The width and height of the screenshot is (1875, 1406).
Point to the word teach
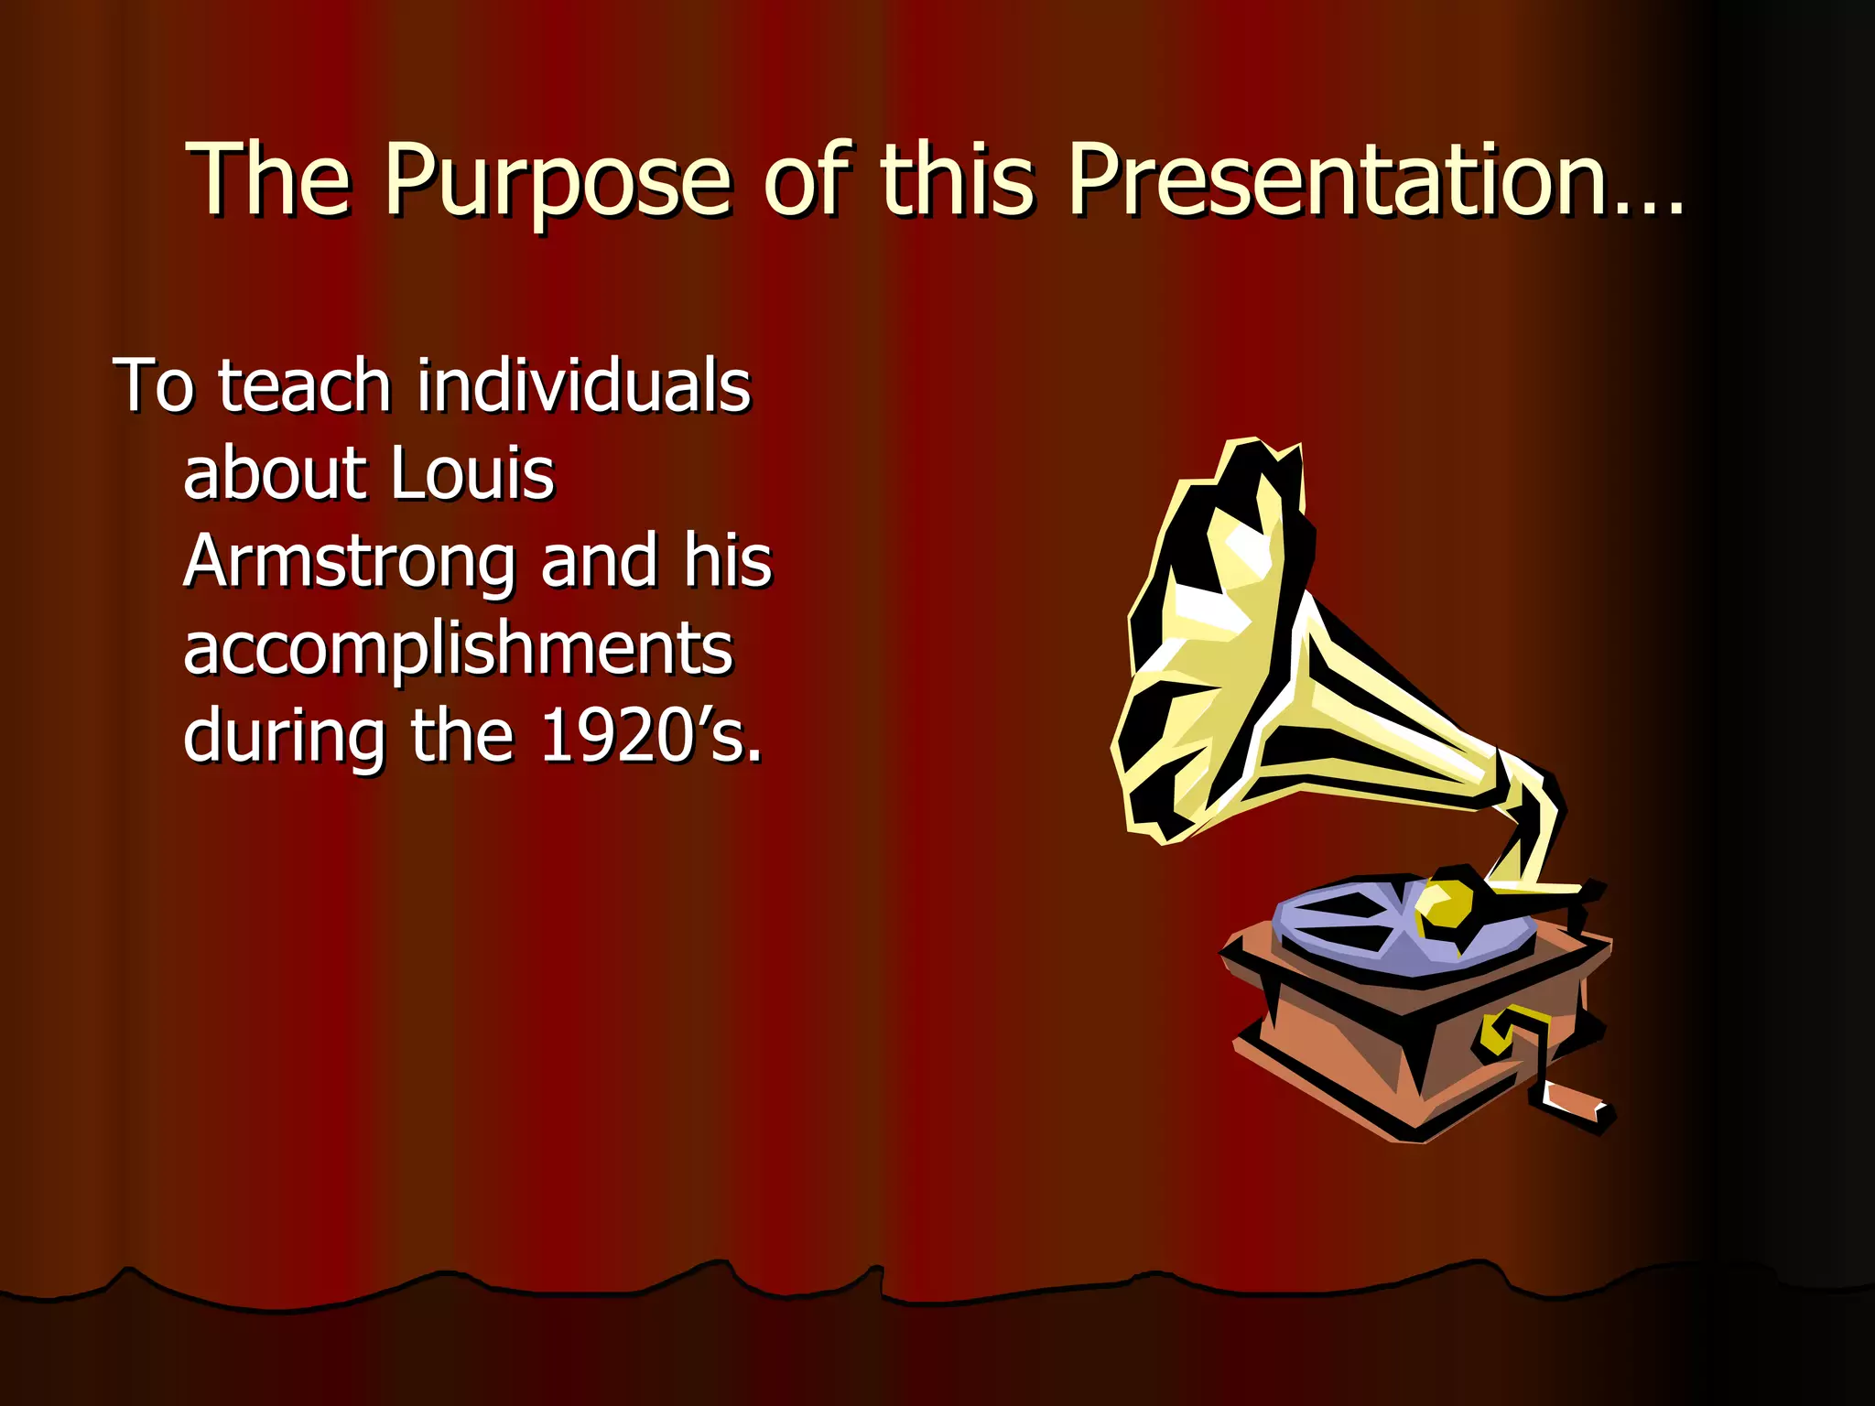[x=305, y=386]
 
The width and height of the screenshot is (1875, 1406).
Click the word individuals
[x=584, y=386]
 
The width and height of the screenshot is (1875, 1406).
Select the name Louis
[x=472, y=474]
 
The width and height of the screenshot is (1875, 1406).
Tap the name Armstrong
[x=349, y=562]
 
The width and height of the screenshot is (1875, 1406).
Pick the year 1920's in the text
[x=650, y=736]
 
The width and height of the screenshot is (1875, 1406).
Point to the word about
[x=274, y=474]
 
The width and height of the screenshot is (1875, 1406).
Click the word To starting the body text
[x=153, y=386]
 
